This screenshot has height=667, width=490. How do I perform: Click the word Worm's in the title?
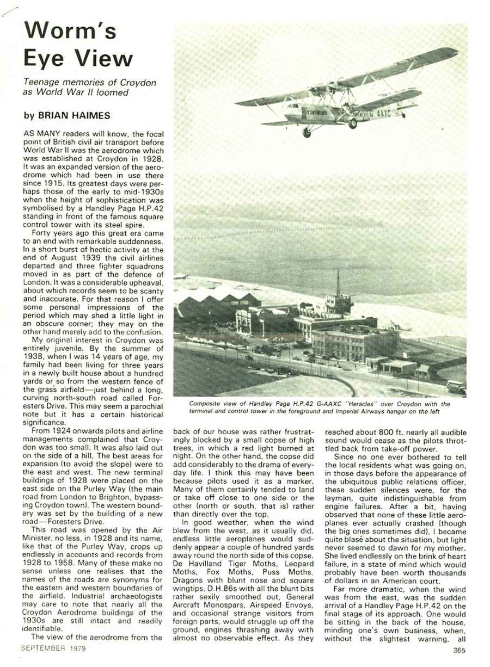pos(70,31)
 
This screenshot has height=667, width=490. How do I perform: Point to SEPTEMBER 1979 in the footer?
pos(53,648)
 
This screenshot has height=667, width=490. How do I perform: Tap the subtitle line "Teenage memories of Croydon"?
pos(89,82)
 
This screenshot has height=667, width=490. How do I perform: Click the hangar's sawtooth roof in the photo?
pos(218,298)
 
